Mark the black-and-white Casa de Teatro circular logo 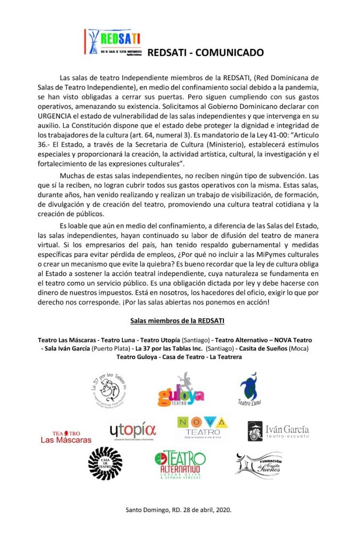coord(106,463)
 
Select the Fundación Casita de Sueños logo coord(259,465)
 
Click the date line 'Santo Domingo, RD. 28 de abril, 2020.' coord(178,510)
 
